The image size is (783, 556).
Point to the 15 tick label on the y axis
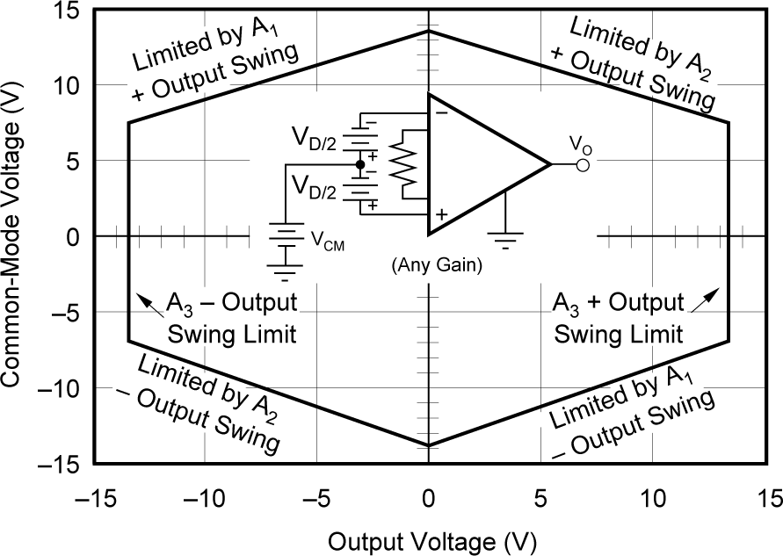(67, 11)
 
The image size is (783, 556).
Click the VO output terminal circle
(582, 164)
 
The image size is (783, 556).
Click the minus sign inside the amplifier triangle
(441, 112)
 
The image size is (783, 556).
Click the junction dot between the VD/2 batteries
(360, 164)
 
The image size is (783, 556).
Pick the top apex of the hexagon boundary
(428, 31)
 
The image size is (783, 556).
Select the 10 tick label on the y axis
(67, 86)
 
